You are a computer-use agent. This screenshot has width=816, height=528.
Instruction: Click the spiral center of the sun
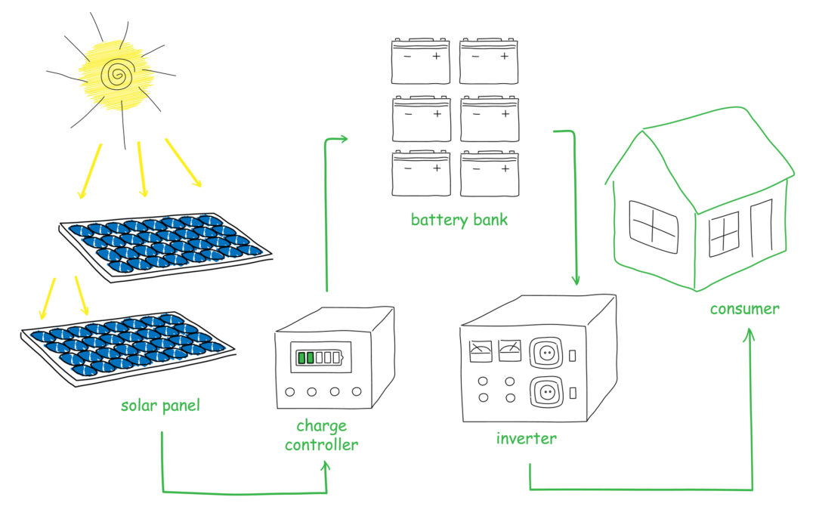coord(118,74)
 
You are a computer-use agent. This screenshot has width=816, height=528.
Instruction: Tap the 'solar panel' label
coord(161,406)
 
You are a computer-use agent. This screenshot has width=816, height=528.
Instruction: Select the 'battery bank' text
coord(459,220)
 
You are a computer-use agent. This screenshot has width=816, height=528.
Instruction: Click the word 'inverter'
coord(526,437)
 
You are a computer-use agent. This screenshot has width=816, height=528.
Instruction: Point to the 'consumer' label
coord(744,308)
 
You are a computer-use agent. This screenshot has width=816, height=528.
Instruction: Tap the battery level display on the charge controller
coord(318,357)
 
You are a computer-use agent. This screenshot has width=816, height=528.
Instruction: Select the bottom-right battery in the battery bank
coord(490,173)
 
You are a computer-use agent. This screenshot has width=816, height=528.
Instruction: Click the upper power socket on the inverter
coord(546,353)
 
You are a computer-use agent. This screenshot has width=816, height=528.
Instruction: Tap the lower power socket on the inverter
coord(546,393)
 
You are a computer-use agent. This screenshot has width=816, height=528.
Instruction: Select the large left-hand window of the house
coord(654,227)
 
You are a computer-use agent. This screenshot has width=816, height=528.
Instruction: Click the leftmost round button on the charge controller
coord(290,392)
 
